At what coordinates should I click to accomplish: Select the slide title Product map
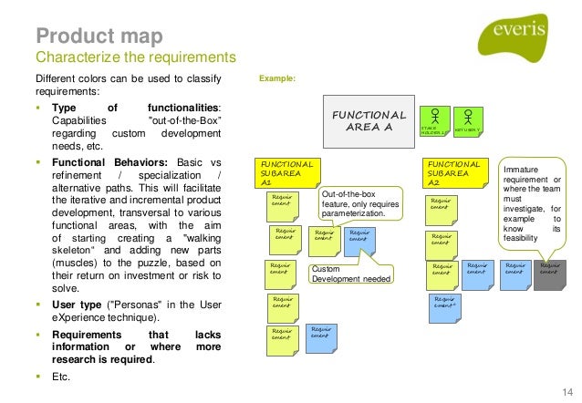[99, 36]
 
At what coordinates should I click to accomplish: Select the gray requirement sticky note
[550, 272]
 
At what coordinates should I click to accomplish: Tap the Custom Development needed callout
[351, 274]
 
